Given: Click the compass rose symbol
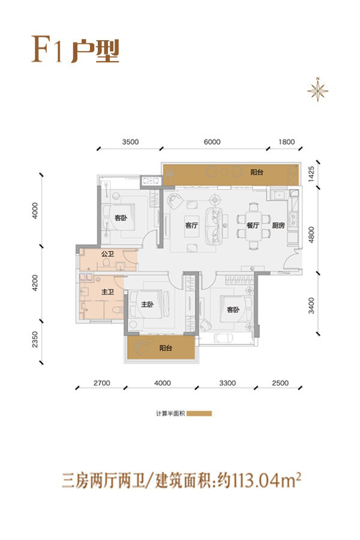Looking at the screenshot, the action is pyautogui.click(x=317, y=91).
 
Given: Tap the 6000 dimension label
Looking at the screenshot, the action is pyautogui.click(x=212, y=142).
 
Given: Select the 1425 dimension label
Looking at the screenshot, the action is pyautogui.click(x=311, y=174).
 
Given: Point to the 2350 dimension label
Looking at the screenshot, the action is pyautogui.click(x=35, y=339).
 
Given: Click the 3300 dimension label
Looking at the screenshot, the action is pyautogui.click(x=227, y=383).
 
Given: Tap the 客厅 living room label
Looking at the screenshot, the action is pyautogui.click(x=191, y=225).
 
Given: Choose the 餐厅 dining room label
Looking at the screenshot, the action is pyautogui.click(x=253, y=225).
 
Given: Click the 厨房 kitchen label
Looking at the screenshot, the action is pyautogui.click(x=278, y=225).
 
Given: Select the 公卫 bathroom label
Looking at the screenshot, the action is pyautogui.click(x=107, y=254).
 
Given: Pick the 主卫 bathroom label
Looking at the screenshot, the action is pyautogui.click(x=107, y=292).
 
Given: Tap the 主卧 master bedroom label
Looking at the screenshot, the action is pyautogui.click(x=148, y=304).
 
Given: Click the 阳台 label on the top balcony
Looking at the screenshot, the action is pyautogui.click(x=257, y=172).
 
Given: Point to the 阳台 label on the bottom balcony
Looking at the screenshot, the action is pyautogui.click(x=166, y=348).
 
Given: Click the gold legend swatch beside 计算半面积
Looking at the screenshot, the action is pyautogui.click(x=199, y=413).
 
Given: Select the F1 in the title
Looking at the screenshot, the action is pyautogui.click(x=47, y=49).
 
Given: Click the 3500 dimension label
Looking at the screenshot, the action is pyautogui.click(x=130, y=142).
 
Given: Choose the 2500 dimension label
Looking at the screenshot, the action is pyautogui.click(x=280, y=383).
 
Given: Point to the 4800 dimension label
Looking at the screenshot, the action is pyautogui.click(x=311, y=235).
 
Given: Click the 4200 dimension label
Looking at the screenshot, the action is pyautogui.click(x=35, y=283).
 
